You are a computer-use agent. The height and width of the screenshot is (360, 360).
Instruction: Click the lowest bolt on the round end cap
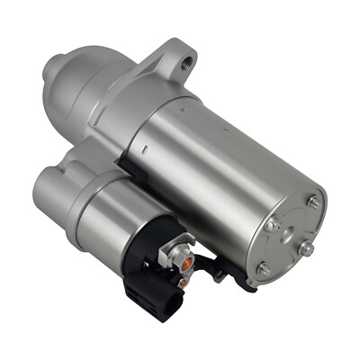(x=261, y=268)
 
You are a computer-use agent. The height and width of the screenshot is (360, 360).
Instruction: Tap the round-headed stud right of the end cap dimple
(x=306, y=246)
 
